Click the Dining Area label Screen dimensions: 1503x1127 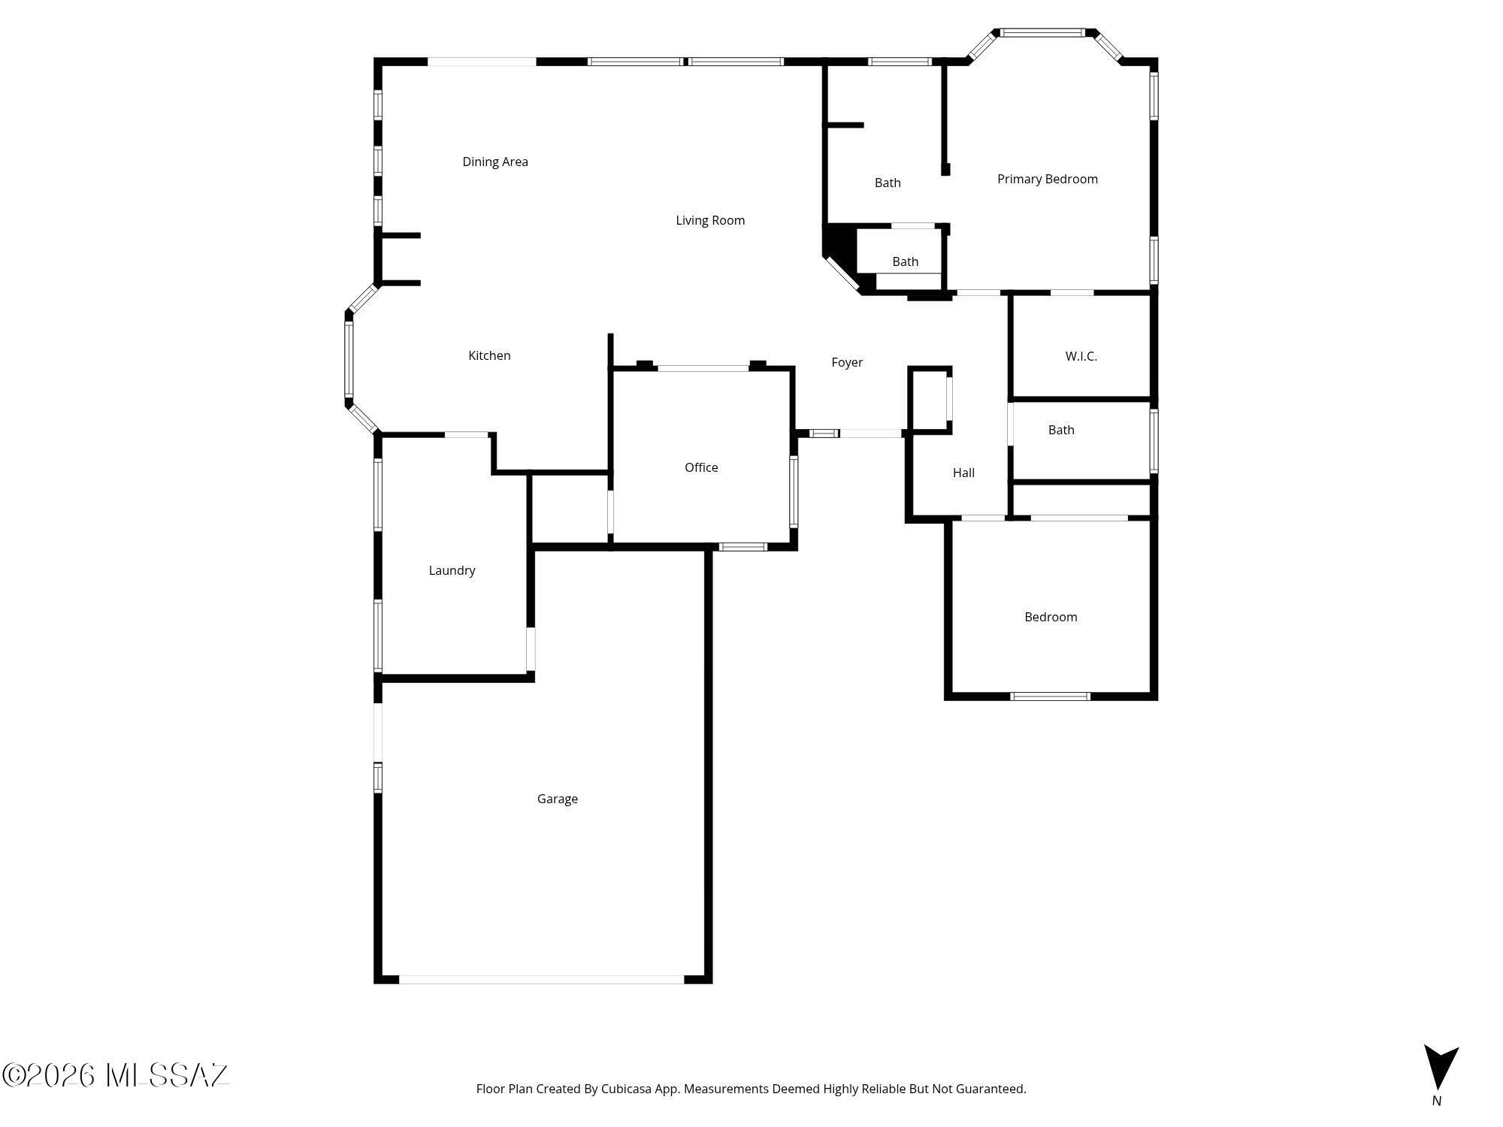pos(495,162)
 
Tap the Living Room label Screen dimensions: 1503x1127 pos(710,220)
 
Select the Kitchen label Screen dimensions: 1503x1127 pos(489,355)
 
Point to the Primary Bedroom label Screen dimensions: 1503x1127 pos(1048,179)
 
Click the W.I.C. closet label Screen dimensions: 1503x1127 pos(1081,356)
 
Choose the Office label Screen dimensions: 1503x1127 pos(701,467)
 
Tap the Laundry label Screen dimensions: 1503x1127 pos(452,570)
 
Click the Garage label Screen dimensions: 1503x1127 pos(558,799)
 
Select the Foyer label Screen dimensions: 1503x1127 pos(847,362)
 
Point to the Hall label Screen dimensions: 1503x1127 pos(963,473)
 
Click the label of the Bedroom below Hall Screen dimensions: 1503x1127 pos(1051,617)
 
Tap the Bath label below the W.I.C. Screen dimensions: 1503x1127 pos(1061,430)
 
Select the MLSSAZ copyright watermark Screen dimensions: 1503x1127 pos(115,1075)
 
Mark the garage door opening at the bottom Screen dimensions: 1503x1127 pos(541,979)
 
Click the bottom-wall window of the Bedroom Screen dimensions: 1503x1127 pos(1050,696)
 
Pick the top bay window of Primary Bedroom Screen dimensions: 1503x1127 pos(1042,32)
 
